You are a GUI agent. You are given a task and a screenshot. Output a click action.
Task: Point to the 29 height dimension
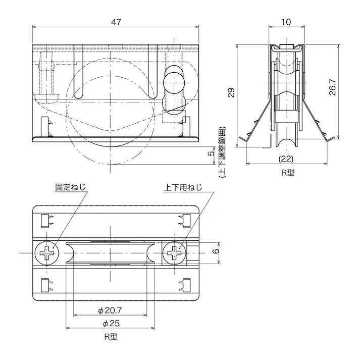coord(231,92)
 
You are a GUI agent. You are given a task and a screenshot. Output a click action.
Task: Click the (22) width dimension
coord(286,158)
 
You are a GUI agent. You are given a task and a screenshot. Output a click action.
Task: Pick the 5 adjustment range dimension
coord(212,153)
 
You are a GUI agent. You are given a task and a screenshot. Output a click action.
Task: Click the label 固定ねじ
coord(70,187)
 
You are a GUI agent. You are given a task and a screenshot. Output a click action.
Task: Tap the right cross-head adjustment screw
coord(175,251)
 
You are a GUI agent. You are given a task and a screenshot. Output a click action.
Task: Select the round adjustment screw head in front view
coord(174,79)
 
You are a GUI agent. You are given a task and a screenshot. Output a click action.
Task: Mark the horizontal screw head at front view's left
coord(47,97)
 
